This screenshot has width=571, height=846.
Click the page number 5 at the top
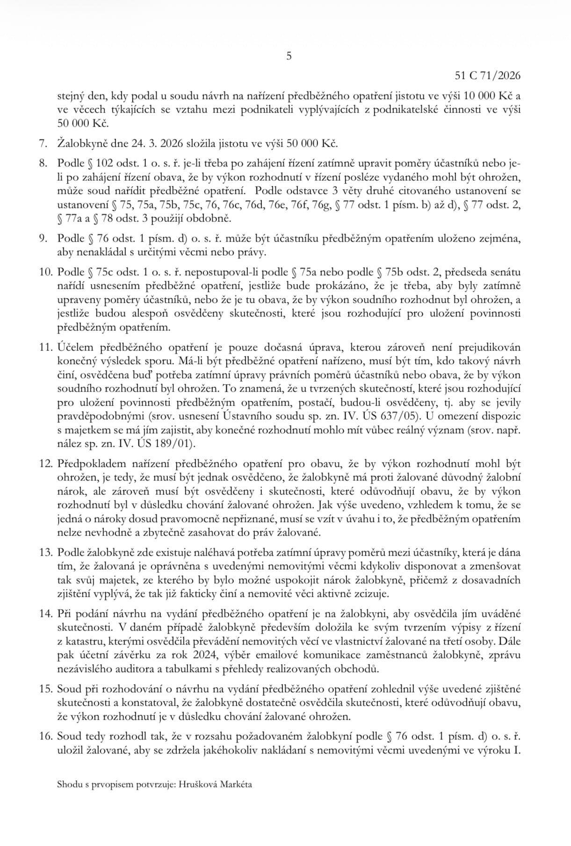click(288, 57)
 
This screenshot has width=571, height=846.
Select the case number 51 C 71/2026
click(487, 76)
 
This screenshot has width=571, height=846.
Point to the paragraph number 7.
click(43, 142)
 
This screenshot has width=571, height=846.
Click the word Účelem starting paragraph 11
click(74, 348)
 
